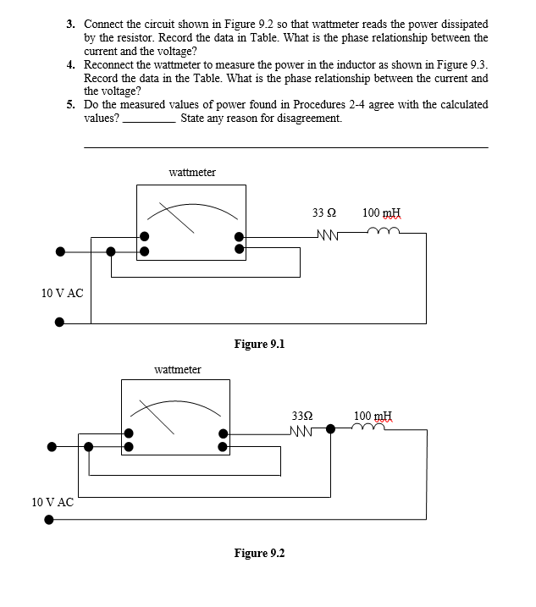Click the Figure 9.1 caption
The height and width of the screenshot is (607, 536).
pos(259,344)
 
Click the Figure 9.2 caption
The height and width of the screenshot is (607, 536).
pos(259,553)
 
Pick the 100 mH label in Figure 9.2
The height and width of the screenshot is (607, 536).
pos(373,416)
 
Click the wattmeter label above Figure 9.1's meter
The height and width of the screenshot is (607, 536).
pos(192,172)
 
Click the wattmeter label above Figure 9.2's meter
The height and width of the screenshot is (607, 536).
pos(178,369)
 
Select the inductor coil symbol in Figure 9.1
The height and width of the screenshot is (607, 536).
pos(379,235)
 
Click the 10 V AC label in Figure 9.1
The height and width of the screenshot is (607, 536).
pos(63,293)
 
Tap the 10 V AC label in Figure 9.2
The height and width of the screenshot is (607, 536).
pos(52,501)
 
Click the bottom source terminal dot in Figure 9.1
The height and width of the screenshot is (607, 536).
pos(59,322)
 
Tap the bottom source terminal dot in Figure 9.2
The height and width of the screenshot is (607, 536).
pos(49,521)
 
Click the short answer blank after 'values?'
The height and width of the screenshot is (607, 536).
pos(149,120)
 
